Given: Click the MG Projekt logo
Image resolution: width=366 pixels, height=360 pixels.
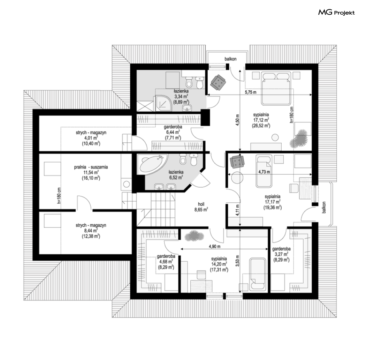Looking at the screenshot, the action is [336, 12].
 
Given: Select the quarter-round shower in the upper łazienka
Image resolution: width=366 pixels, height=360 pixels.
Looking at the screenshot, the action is [163, 104].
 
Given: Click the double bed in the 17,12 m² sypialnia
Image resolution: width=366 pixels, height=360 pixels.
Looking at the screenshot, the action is [276, 88].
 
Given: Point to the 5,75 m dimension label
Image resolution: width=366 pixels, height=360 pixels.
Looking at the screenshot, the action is [251, 92].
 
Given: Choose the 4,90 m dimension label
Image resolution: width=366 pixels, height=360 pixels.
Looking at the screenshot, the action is [214, 247].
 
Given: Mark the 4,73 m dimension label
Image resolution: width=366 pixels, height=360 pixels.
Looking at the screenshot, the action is [264, 172].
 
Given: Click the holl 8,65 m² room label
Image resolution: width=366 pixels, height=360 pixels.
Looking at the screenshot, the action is [201, 207].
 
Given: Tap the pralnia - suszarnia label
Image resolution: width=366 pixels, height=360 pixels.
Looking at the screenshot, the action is [91, 167].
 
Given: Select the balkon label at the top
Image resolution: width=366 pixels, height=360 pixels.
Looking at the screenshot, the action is [230, 59].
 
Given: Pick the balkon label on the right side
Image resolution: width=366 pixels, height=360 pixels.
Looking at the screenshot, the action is [324, 208].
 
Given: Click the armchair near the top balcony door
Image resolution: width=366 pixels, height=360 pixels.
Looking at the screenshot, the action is [218, 82].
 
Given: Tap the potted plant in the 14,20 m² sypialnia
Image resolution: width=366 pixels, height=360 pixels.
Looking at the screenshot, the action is [194, 236].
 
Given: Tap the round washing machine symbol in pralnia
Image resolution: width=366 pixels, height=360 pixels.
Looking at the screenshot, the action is [127, 185].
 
